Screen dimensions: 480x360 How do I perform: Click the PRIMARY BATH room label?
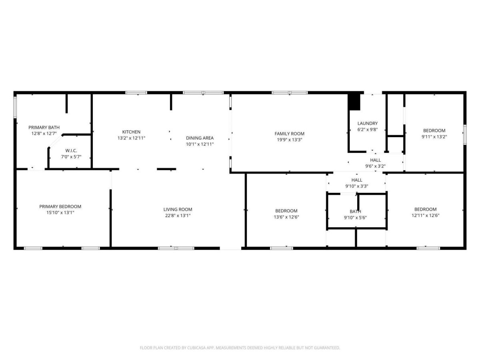(44, 128)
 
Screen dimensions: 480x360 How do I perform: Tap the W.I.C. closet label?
(71, 151)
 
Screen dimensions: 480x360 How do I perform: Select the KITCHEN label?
(131, 132)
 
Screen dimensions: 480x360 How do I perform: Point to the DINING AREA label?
(200, 138)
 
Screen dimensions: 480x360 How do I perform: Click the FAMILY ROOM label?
(289, 134)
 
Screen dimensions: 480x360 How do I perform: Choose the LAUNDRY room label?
(367, 123)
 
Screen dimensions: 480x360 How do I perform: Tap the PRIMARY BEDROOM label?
(60, 206)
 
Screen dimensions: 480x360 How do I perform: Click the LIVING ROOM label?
(178, 209)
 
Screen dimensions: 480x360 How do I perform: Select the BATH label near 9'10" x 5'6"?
(355, 211)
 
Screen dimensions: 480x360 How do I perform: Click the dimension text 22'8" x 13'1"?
(178, 216)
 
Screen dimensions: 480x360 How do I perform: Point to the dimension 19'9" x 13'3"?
(289, 140)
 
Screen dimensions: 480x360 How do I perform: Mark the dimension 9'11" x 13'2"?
(434, 137)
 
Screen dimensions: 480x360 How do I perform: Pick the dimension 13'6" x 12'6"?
(286, 217)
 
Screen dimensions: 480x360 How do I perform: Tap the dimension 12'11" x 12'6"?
(425, 215)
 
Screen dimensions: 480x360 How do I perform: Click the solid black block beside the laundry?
(354, 102)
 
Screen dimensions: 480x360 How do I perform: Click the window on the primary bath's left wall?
(15, 107)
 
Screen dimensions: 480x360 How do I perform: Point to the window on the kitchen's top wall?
(136, 93)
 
